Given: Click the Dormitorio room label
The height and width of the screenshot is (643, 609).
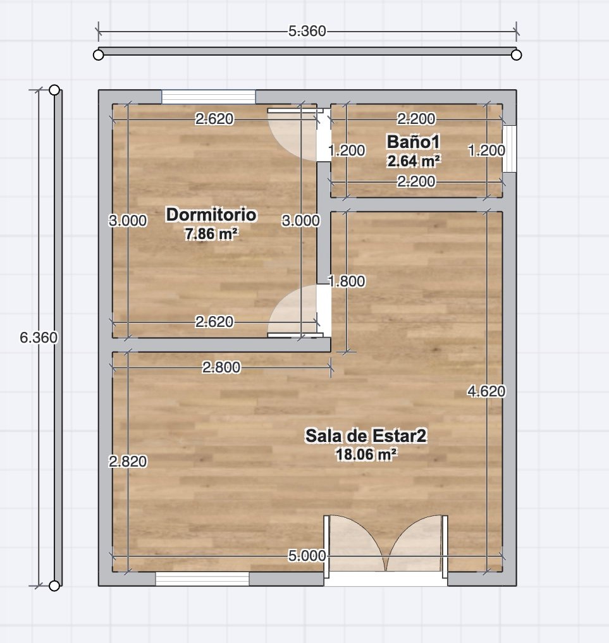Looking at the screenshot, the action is pyautogui.click(x=211, y=214).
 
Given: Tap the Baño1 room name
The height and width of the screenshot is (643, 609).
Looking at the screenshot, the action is pyautogui.click(x=414, y=142).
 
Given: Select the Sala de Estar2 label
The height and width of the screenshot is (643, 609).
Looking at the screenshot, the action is pyautogui.click(x=366, y=436).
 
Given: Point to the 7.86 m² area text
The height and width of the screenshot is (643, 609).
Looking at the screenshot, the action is pyautogui.click(x=211, y=234).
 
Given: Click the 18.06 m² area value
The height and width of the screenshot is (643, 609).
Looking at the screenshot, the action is pyautogui.click(x=366, y=455).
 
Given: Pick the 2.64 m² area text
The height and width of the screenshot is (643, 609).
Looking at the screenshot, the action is pyautogui.click(x=414, y=161).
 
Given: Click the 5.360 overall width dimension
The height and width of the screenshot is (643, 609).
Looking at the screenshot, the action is pyautogui.click(x=307, y=31).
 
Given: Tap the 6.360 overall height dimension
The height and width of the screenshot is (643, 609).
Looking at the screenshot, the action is pyautogui.click(x=39, y=338).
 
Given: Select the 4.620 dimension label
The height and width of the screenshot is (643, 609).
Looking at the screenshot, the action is pyautogui.click(x=486, y=391).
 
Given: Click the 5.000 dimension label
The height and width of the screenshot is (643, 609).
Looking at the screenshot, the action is pyautogui.click(x=307, y=556).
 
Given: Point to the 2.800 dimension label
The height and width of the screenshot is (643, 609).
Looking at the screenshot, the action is pyautogui.click(x=221, y=367).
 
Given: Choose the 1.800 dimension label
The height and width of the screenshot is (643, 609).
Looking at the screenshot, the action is pyautogui.click(x=347, y=281).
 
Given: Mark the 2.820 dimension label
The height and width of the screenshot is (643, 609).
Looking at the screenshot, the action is pyautogui.click(x=128, y=462).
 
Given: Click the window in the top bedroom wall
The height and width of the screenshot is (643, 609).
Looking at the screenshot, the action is pyautogui.click(x=208, y=97).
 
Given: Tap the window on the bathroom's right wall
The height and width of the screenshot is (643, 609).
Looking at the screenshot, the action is pyautogui.click(x=509, y=149).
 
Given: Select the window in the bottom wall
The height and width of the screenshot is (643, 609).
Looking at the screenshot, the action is pyautogui.click(x=202, y=579).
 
